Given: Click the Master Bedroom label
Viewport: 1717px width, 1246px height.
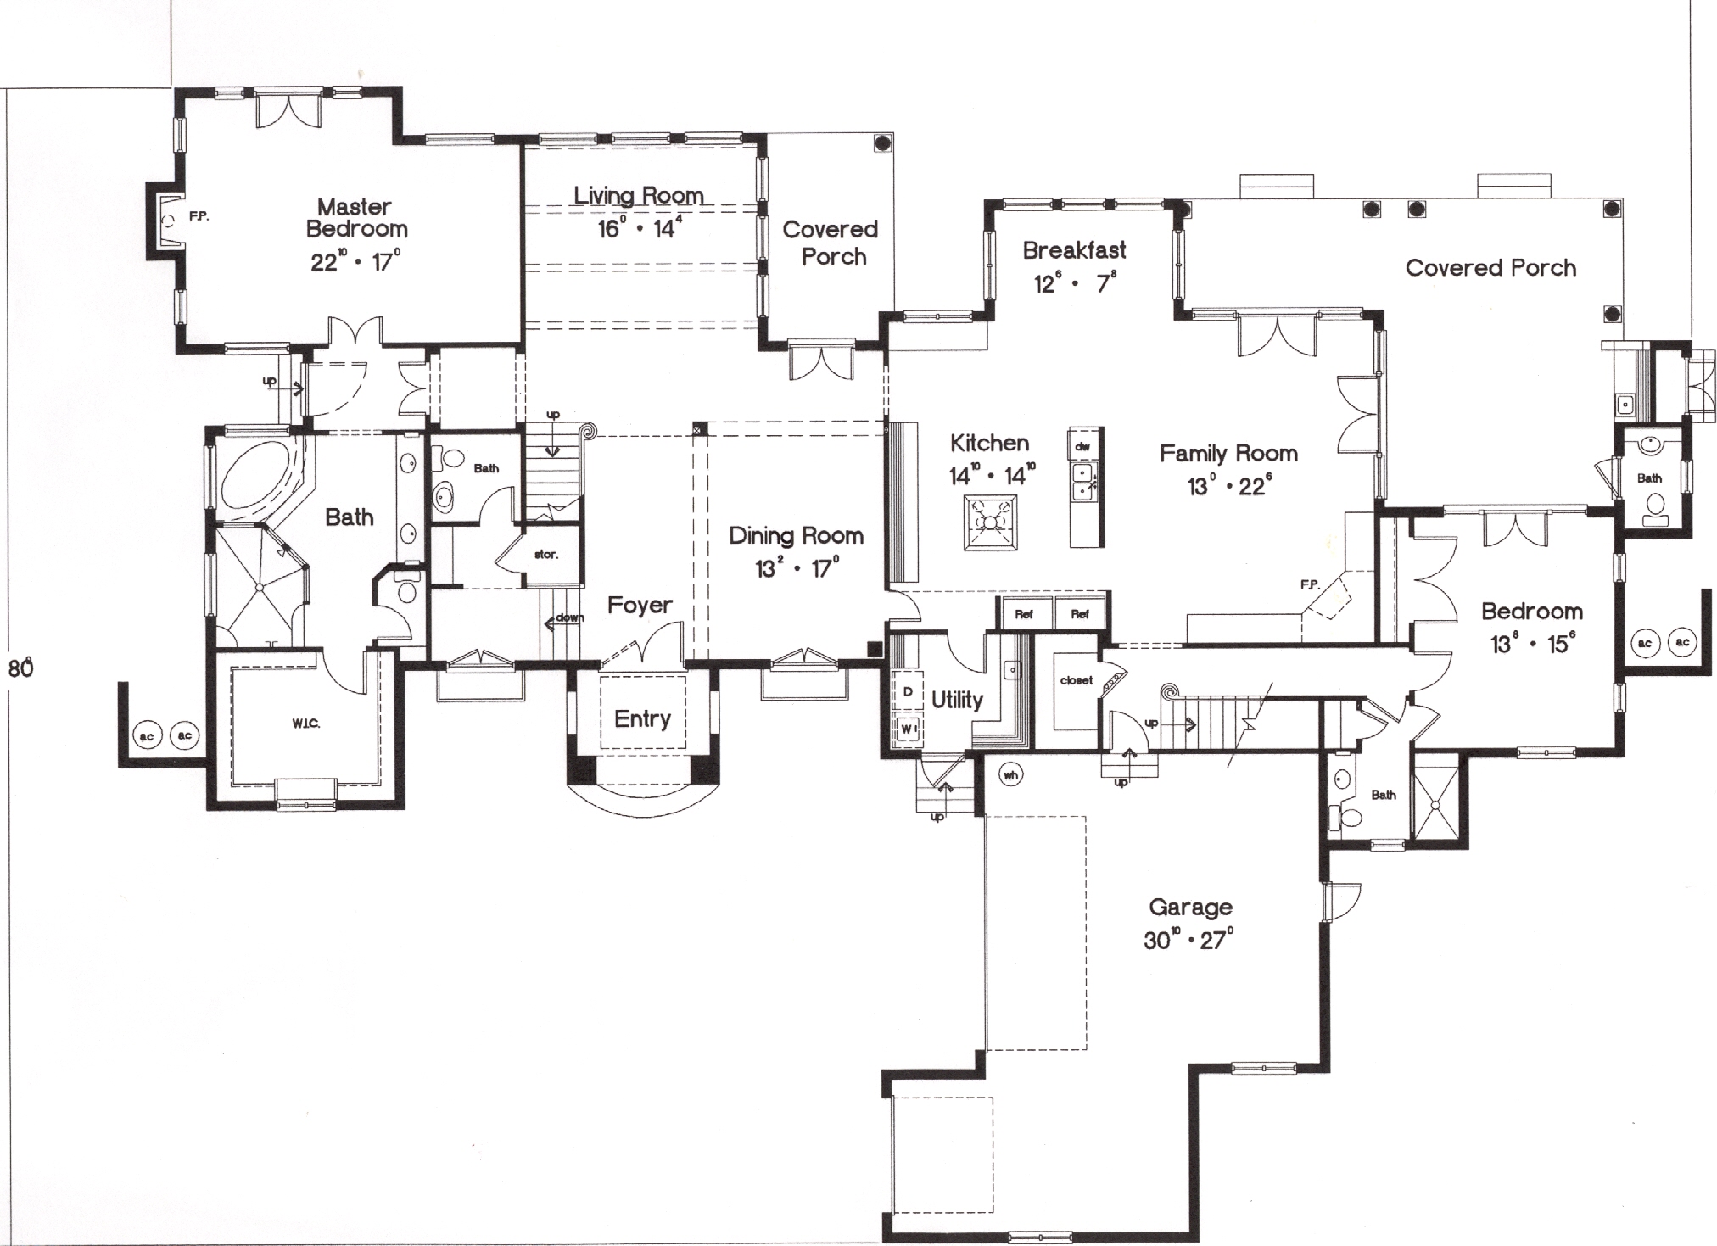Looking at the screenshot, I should [x=356, y=218].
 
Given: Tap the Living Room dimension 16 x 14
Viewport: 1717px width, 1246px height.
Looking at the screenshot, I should [x=639, y=227].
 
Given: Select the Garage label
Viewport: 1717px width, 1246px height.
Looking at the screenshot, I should [x=1189, y=908].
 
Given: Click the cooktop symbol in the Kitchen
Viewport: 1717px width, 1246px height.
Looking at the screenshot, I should [x=990, y=523].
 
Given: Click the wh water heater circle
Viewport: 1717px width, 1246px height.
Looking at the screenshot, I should [x=1010, y=774].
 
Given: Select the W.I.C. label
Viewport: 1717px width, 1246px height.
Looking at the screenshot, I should [x=305, y=724].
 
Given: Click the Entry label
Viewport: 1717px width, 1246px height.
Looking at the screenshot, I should [x=642, y=719].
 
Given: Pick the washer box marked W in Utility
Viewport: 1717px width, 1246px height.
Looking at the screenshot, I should [x=907, y=729].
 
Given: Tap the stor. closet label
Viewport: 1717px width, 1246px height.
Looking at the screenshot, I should [x=545, y=555].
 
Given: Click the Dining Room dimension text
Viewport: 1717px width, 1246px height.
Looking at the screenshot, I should [x=797, y=568].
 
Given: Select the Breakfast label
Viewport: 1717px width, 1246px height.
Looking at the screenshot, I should [x=1074, y=250].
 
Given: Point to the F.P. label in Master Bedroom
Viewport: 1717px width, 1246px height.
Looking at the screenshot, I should [x=199, y=217].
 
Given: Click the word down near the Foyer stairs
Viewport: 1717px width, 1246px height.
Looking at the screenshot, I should [x=570, y=617].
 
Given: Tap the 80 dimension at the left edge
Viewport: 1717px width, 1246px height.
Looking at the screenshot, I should [x=20, y=668].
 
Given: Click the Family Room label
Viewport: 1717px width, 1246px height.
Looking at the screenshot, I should [x=1228, y=454].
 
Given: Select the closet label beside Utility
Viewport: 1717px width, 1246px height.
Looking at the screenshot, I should [x=1076, y=680].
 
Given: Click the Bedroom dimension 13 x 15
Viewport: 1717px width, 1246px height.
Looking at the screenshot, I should [x=1532, y=645].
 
